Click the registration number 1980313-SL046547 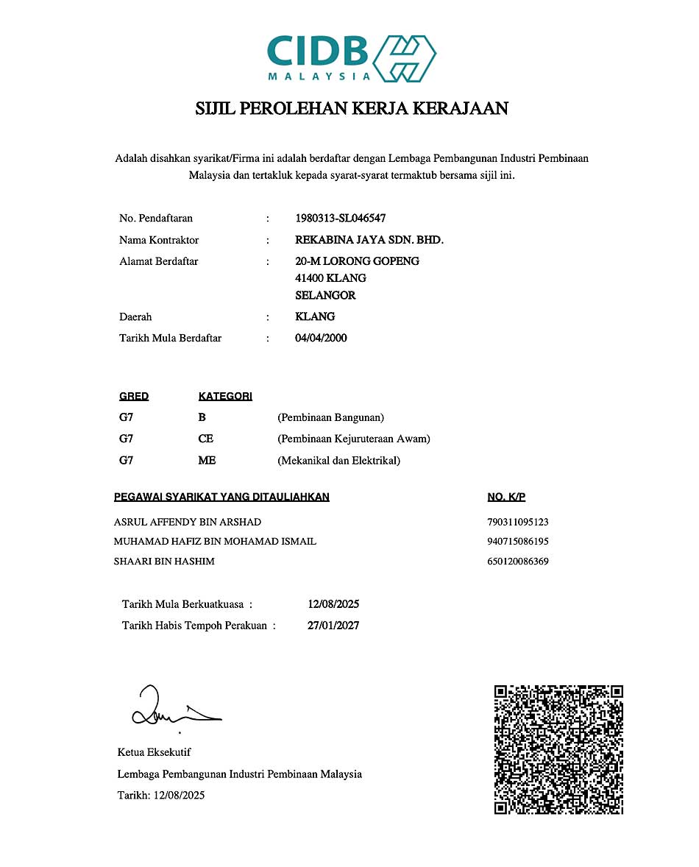[340, 218]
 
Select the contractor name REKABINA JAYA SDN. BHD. [369, 240]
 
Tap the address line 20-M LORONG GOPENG [357, 261]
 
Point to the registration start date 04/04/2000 [321, 338]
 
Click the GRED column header [134, 396]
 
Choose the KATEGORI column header [225, 396]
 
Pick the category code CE [206, 439]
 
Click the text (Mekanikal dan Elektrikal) [338, 461]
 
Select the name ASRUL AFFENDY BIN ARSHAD [188, 522]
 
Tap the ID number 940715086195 [518, 541]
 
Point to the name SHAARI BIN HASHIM [164, 561]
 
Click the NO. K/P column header [506, 497]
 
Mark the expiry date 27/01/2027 [333, 626]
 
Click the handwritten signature [173, 707]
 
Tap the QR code [558, 749]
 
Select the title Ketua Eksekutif [154, 752]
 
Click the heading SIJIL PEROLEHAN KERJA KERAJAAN [351, 109]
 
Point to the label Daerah [135, 316]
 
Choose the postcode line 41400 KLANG [330, 278]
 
